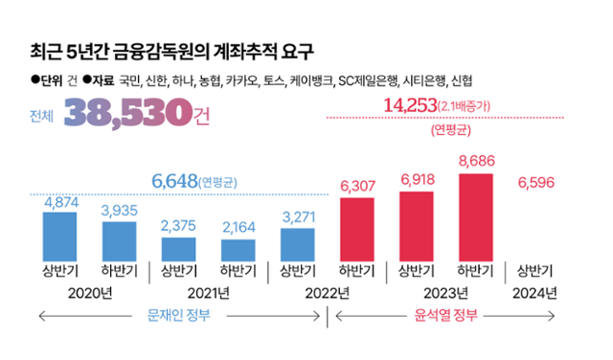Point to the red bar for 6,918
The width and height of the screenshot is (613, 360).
[x=417, y=226]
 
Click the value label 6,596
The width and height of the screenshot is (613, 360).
[x=535, y=182]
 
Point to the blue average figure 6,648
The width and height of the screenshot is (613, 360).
[x=175, y=181]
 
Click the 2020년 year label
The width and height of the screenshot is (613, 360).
[x=91, y=292]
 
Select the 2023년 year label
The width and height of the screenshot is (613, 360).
[x=445, y=292]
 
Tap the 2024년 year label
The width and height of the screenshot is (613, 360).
[x=534, y=292]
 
